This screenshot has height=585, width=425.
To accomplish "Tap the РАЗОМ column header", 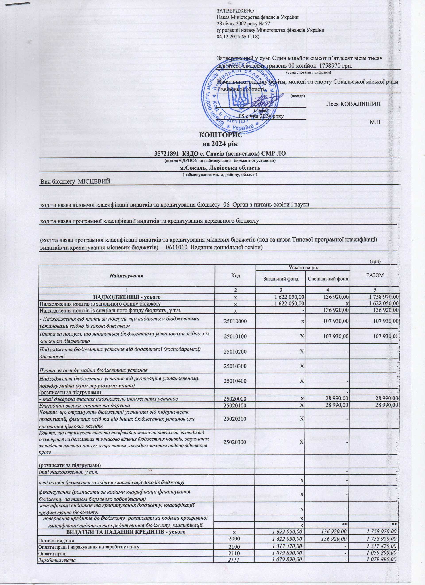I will click(x=375, y=275).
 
